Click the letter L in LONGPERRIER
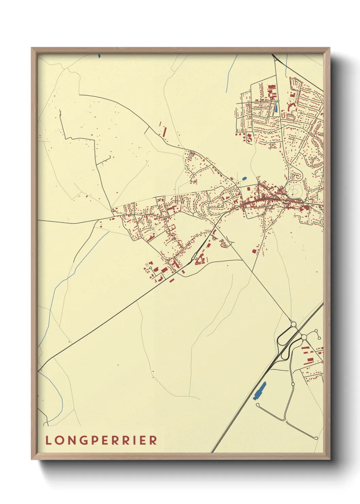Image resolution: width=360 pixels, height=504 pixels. [48, 440]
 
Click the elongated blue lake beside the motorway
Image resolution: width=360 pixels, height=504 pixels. [260, 391]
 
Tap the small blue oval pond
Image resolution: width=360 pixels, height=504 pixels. [244, 178]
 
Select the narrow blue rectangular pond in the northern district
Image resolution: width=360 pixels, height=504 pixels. [276, 109]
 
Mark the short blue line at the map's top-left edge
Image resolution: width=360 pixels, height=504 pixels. [99, 56]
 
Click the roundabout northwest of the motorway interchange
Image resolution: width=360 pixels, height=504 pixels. [293, 324]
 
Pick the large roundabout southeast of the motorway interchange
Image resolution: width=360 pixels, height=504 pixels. [304, 337]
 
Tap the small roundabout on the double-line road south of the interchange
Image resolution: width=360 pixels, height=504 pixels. [293, 384]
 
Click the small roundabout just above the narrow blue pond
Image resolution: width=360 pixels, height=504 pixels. [278, 101]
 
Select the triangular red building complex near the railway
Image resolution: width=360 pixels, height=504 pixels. [200, 259]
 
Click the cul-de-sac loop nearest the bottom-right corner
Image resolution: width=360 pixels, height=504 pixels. [316, 438]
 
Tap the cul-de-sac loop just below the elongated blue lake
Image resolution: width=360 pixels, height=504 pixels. [258, 405]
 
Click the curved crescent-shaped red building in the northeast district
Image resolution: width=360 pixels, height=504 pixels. [292, 107]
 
